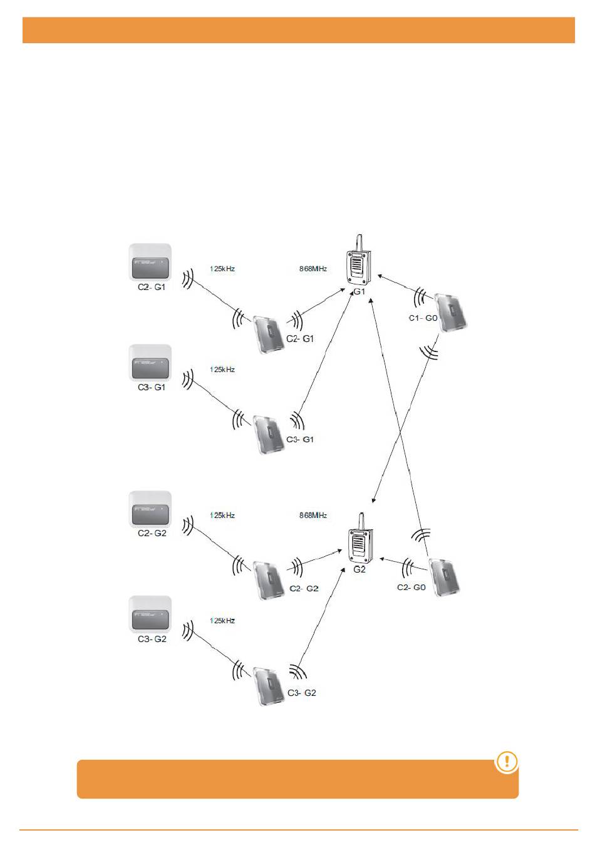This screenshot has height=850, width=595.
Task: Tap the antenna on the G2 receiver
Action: pyautogui.click(x=361, y=521)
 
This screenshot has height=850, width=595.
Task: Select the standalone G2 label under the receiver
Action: pyautogui.click(x=360, y=570)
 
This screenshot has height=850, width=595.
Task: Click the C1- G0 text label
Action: pyautogui.click(x=423, y=318)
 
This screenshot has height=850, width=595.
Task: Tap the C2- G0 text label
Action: pyautogui.click(x=411, y=588)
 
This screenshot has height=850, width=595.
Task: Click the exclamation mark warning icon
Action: pyautogui.click(x=507, y=762)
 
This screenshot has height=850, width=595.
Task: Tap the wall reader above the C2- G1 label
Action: pyautogui.click(x=150, y=263)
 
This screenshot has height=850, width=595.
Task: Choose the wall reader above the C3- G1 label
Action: pyautogui.click(x=150, y=363)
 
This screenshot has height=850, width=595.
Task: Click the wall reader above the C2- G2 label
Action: pyautogui.click(x=150, y=510)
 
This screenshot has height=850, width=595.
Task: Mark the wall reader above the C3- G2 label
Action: pyautogui.click(x=150, y=615)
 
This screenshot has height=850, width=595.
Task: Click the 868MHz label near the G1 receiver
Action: pyautogui.click(x=313, y=269)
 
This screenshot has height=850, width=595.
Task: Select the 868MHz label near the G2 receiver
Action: pyautogui.click(x=313, y=516)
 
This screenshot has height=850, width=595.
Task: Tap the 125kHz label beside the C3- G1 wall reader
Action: pyautogui.click(x=222, y=370)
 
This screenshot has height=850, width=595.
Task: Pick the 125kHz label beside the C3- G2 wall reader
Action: pyautogui.click(x=222, y=621)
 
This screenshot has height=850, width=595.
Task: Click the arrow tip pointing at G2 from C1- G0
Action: pyautogui.click(x=373, y=502)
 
